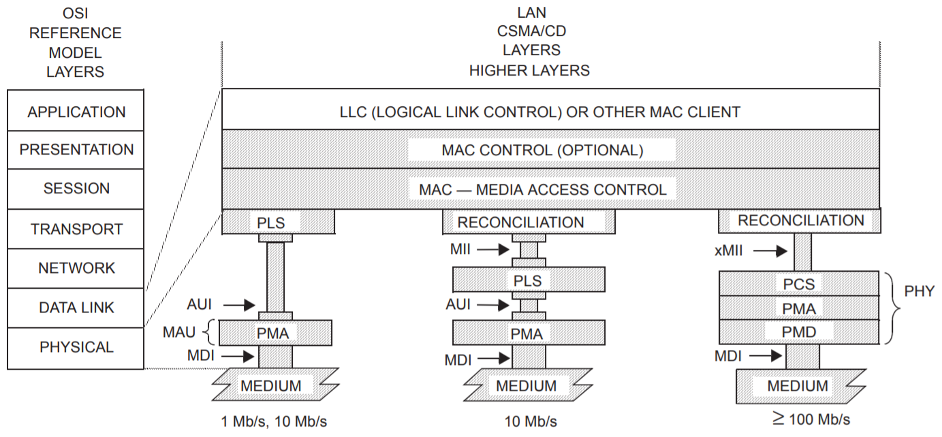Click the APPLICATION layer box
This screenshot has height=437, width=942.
pyautogui.click(x=76, y=111)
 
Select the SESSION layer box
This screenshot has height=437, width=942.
pyautogui.click(x=76, y=189)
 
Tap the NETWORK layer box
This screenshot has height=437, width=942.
pyautogui.click(x=76, y=268)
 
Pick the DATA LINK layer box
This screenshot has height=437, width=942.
pyautogui.click(x=76, y=307)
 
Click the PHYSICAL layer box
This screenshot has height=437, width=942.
pyautogui.click(x=76, y=347)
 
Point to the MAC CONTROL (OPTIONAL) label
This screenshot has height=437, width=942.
pyautogui.click(x=541, y=150)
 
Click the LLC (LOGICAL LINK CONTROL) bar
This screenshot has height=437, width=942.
pyautogui.click(x=550, y=111)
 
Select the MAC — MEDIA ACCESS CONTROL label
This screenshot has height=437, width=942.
pyautogui.click(x=542, y=189)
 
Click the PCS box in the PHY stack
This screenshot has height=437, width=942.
pyautogui.click(x=799, y=283)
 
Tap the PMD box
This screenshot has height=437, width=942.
pyautogui.click(x=799, y=332)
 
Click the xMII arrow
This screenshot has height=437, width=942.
pyautogui.click(x=770, y=251)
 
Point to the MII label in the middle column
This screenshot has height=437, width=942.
pyautogui.click(x=460, y=250)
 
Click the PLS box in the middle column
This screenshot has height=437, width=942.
pyautogui.click(x=528, y=279)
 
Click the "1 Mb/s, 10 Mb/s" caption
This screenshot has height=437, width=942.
pyautogui.click(x=269, y=420)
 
